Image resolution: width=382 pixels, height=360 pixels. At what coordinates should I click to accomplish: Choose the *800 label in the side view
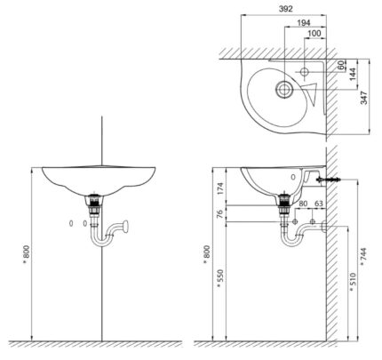(208, 254)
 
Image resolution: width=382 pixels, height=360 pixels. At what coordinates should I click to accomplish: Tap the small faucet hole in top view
(304, 68)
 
